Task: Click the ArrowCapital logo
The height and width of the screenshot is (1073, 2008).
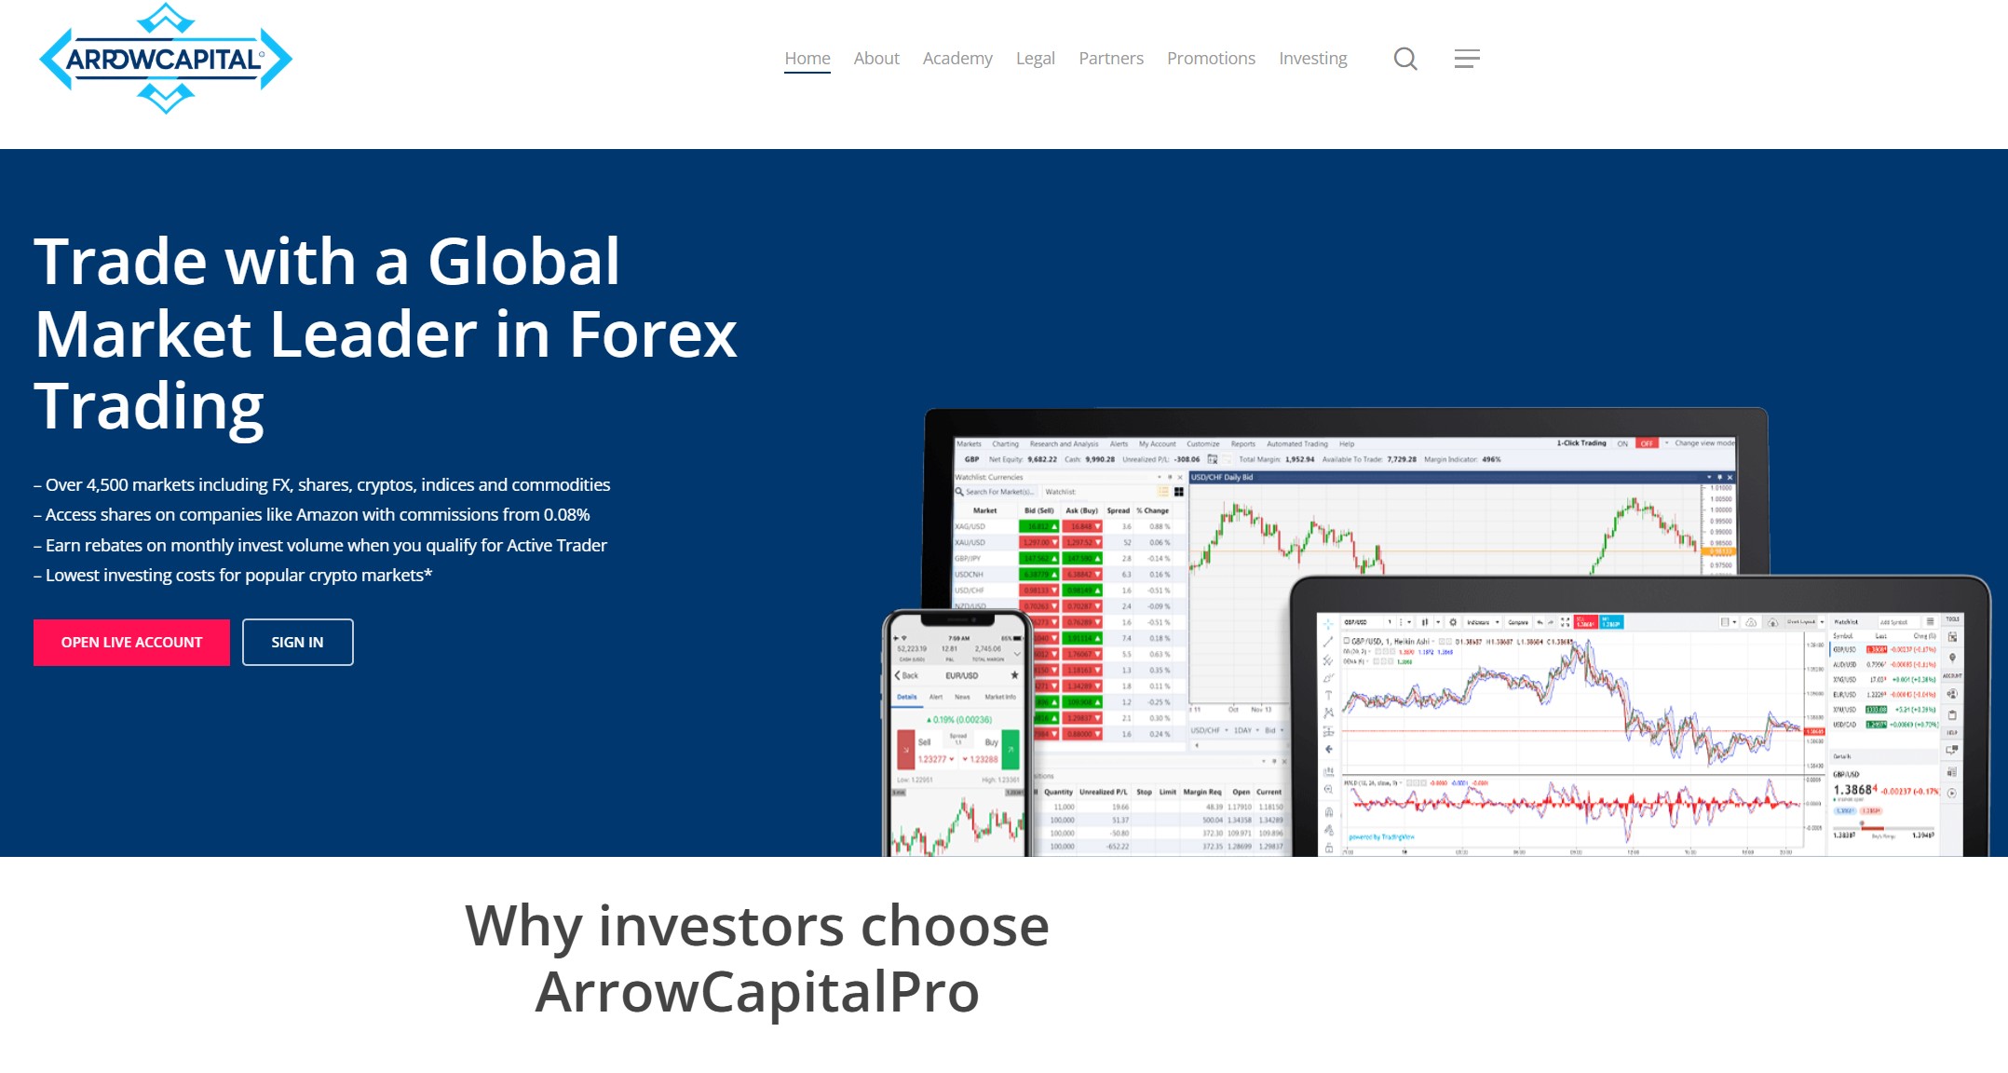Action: [x=166, y=59]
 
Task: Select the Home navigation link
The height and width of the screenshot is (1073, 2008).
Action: [x=807, y=59]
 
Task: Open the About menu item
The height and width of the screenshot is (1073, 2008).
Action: [x=875, y=59]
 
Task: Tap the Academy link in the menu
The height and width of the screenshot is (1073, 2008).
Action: [x=957, y=59]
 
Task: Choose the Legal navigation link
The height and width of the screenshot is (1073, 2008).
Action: [x=1035, y=59]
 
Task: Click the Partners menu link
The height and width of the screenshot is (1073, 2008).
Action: [x=1110, y=59]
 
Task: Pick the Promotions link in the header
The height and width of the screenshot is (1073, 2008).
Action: [x=1210, y=59]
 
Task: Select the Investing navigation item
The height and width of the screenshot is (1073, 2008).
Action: [x=1312, y=59]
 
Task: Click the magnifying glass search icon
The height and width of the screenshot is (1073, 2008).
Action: [x=1404, y=60]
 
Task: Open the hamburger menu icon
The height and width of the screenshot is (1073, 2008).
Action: [x=1466, y=60]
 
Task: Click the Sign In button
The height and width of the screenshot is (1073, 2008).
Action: [x=297, y=643]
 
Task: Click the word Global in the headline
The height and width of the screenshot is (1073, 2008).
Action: [x=523, y=262]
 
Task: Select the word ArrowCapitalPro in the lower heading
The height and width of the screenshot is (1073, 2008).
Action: [x=756, y=992]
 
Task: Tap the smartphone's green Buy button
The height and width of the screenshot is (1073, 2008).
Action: [x=1010, y=749]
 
